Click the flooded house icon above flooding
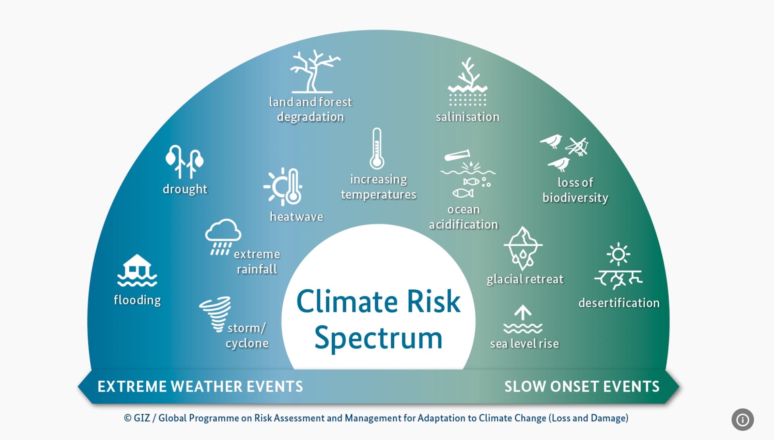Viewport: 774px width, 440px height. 137,270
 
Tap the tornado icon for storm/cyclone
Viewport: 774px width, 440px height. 215,314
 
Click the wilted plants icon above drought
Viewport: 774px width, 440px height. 184,162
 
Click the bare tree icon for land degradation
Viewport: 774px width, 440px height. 314,72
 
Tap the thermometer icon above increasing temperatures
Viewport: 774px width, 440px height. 377,149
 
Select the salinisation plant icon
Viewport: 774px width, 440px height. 468,82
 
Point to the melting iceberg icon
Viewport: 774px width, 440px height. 523,248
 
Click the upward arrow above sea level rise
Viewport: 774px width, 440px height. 523,313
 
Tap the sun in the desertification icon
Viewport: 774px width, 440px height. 618,254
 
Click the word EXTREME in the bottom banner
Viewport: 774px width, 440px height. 132,386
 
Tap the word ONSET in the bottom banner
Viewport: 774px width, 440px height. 579,386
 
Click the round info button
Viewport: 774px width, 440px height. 743,419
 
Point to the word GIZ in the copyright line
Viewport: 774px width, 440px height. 141,418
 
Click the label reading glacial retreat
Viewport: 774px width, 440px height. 525,279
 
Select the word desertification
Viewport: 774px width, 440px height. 619,303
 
